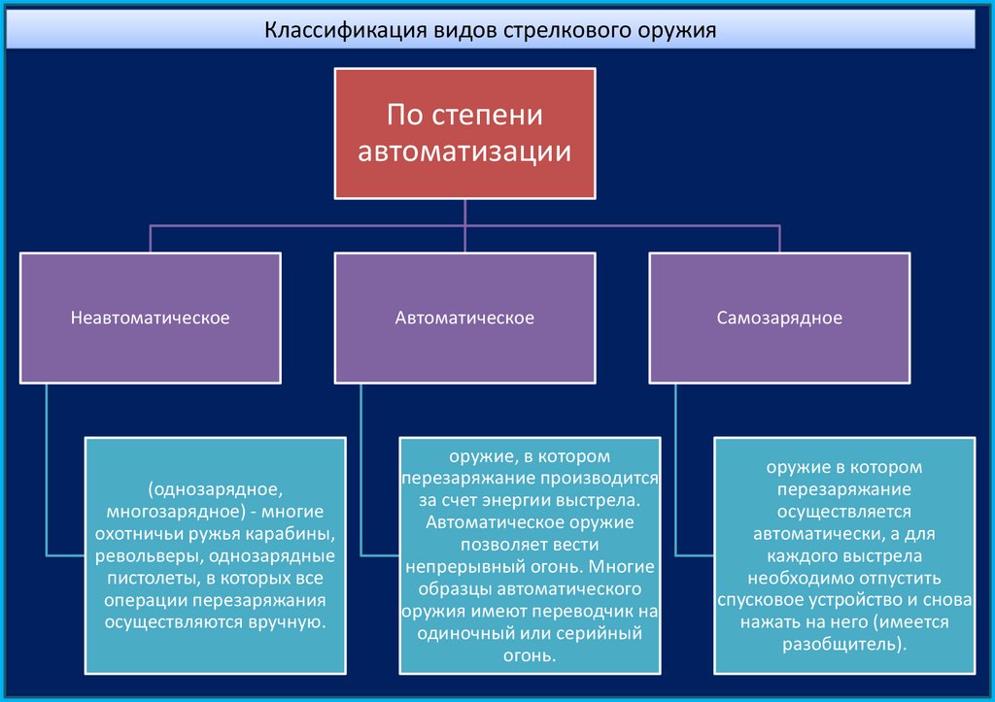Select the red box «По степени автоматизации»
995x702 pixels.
[464, 133]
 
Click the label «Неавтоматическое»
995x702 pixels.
[150, 318]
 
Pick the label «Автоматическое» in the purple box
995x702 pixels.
[464, 318]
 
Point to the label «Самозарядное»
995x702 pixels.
[779, 318]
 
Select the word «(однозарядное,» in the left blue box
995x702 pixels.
[216, 490]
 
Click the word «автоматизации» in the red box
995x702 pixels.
[464, 152]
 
